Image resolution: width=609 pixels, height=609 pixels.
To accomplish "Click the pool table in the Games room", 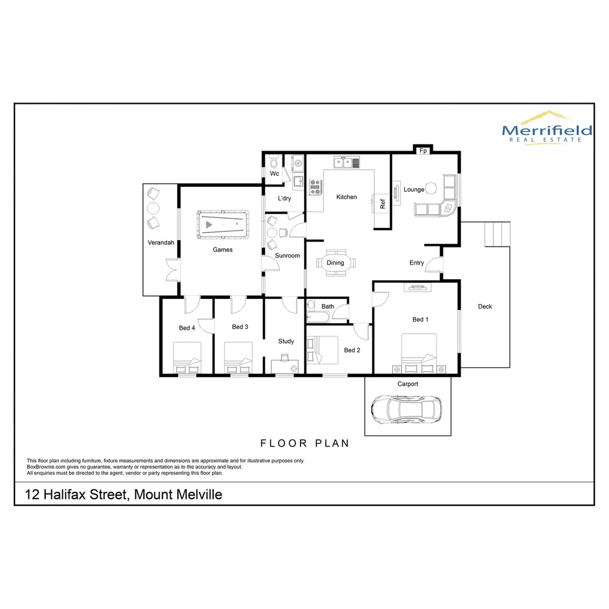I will (223, 226).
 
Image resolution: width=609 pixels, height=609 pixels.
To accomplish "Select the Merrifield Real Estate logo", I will (546, 128).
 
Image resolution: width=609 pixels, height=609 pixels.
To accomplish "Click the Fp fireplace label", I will (422, 151).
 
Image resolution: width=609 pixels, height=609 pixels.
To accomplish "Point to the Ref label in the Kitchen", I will (382, 204).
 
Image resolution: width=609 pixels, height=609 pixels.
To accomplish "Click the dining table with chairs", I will (336, 263).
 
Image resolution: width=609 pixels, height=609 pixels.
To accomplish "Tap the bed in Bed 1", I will (419, 354).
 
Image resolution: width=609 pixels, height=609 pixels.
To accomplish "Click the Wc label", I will (275, 174).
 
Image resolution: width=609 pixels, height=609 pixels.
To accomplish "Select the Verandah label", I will (161, 243).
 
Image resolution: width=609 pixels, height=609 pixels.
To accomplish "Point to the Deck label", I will (485, 307).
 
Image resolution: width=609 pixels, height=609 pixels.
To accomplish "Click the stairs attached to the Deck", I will (497, 234).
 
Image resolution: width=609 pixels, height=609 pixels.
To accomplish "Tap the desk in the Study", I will (285, 366).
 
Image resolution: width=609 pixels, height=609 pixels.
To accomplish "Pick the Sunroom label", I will (287, 255).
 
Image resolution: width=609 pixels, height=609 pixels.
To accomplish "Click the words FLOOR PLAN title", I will (304, 443).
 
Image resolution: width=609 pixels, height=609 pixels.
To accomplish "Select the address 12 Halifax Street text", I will (123, 495).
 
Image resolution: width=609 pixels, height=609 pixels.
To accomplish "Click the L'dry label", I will (285, 198).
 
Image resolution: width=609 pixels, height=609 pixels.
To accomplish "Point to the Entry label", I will (417, 263).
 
